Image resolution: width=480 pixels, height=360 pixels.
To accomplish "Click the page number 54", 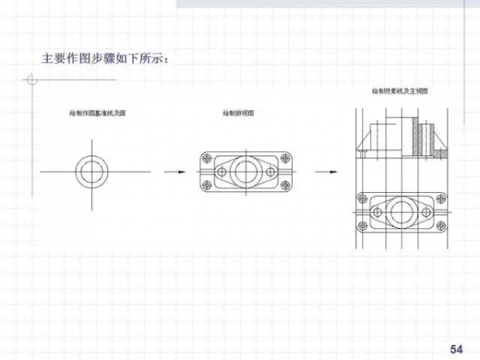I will coord(457,348).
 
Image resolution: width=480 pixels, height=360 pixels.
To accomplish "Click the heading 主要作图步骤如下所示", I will coord(105,58).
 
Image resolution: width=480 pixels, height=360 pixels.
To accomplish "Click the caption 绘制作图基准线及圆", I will coord(97,114).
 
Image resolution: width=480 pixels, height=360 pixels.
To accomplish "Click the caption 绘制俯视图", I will coord(238,114).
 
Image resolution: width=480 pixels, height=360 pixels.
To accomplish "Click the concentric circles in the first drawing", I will coord(92,171).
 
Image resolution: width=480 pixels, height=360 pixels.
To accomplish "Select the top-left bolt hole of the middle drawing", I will coord(208,158).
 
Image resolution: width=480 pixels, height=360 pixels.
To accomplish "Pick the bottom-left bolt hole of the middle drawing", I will coord(208,186).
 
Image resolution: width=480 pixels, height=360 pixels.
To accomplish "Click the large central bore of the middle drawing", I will coord(246,171).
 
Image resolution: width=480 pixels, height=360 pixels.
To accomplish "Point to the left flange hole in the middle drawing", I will coord(222,171).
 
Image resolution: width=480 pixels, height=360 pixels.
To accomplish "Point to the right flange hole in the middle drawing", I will coord(272,171).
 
